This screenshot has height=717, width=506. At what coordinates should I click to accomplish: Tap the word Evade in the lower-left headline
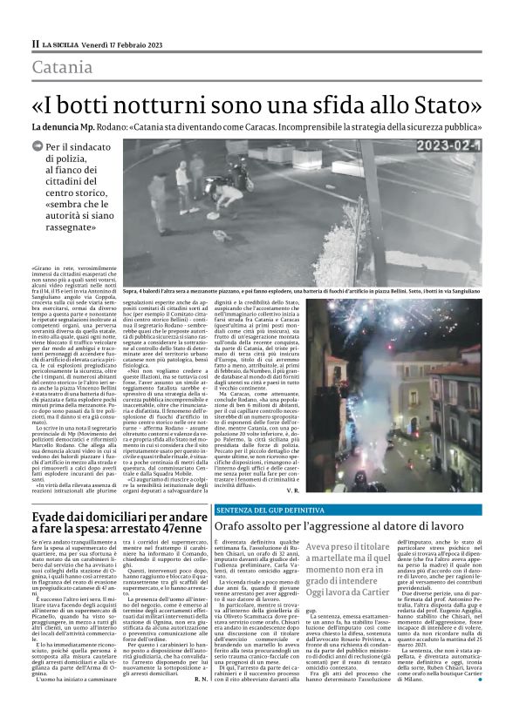[52, 491]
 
